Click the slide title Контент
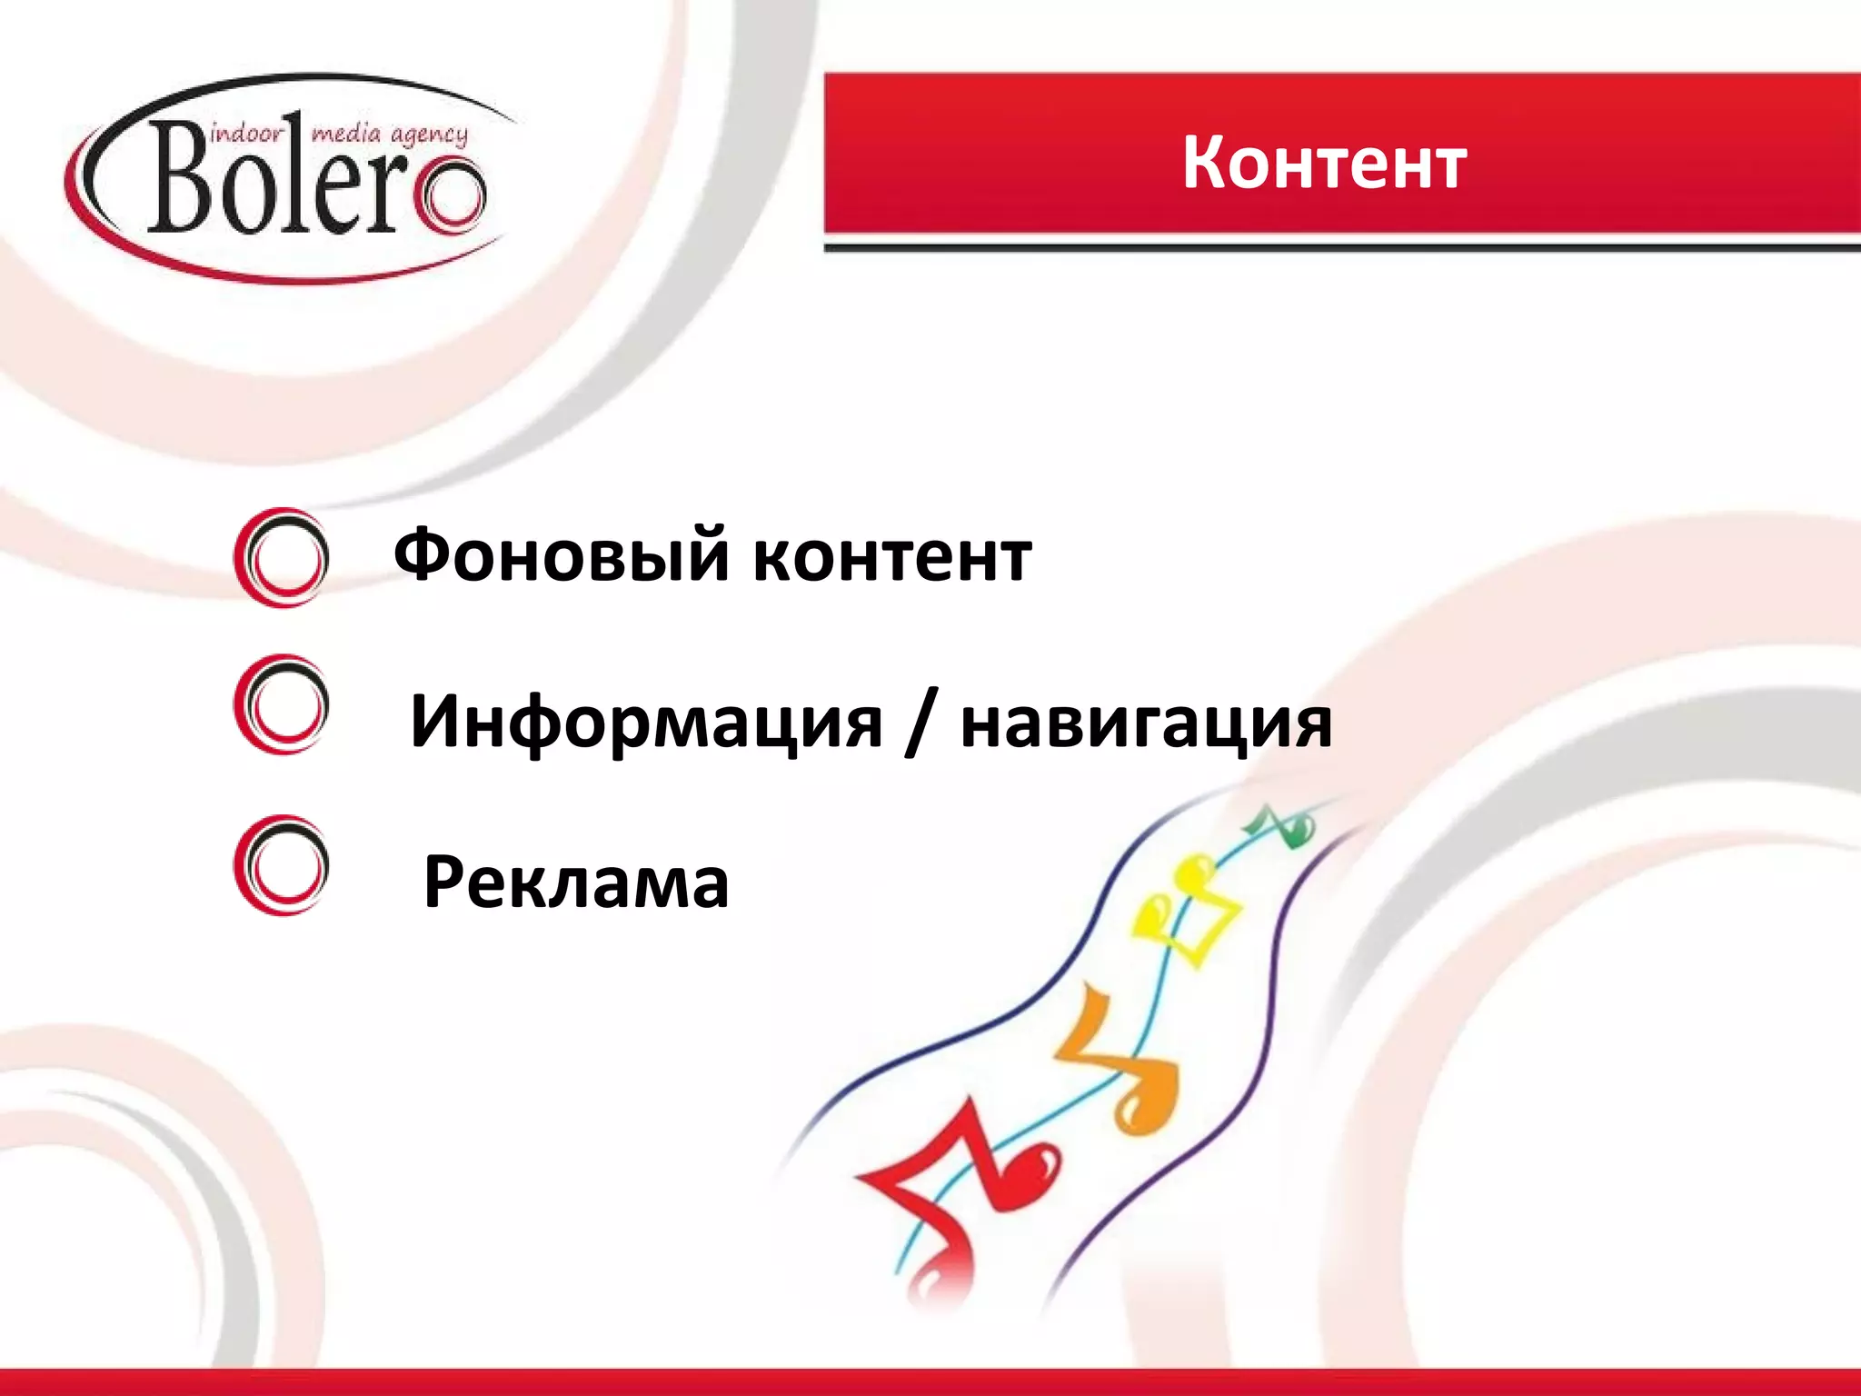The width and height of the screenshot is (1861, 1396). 1324,164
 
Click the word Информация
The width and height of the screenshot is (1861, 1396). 645,723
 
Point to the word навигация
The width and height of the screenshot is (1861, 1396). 1146,723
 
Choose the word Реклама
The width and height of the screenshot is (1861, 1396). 576,882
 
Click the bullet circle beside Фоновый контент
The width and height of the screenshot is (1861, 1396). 282,557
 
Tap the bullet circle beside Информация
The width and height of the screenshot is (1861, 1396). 282,704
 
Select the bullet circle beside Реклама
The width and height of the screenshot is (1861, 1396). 282,865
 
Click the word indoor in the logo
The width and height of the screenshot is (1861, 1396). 246,135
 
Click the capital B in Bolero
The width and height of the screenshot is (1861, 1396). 182,177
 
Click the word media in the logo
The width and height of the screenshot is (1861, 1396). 345,135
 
